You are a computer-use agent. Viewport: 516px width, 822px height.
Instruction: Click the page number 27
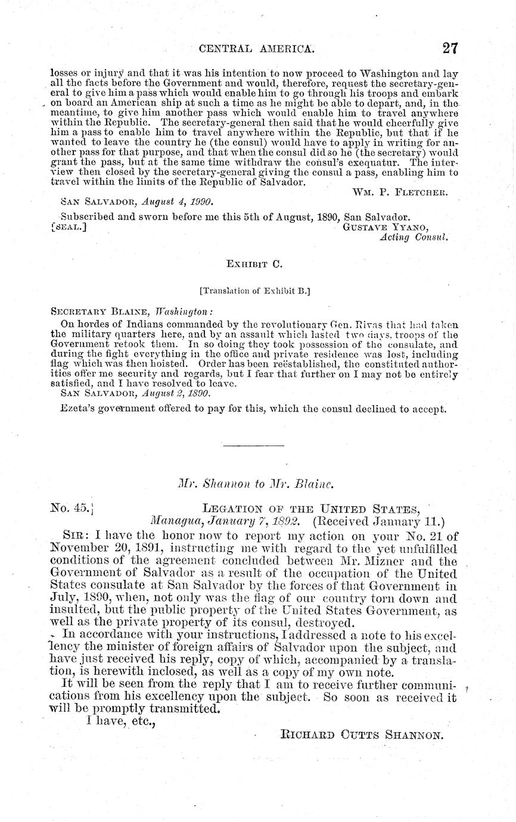(449, 49)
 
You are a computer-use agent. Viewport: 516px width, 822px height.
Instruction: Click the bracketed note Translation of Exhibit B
(257, 291)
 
